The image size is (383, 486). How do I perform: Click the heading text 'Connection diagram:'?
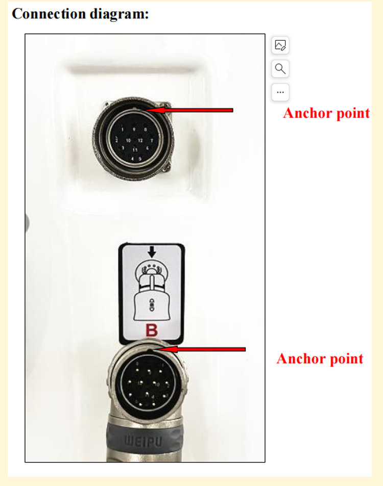80,14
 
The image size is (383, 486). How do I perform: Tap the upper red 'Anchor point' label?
326,113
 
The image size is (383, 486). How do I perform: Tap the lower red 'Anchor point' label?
320,359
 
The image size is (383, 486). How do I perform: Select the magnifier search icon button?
280,69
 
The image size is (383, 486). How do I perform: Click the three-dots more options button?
280,92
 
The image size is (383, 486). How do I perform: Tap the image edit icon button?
280,45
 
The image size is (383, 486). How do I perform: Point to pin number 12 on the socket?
140,140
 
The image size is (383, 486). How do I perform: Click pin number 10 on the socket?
128,140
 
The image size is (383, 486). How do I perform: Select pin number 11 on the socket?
134,150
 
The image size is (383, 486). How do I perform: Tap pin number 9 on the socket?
134,130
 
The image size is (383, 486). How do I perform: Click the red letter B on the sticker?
152,330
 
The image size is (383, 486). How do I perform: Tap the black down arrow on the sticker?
152,252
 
